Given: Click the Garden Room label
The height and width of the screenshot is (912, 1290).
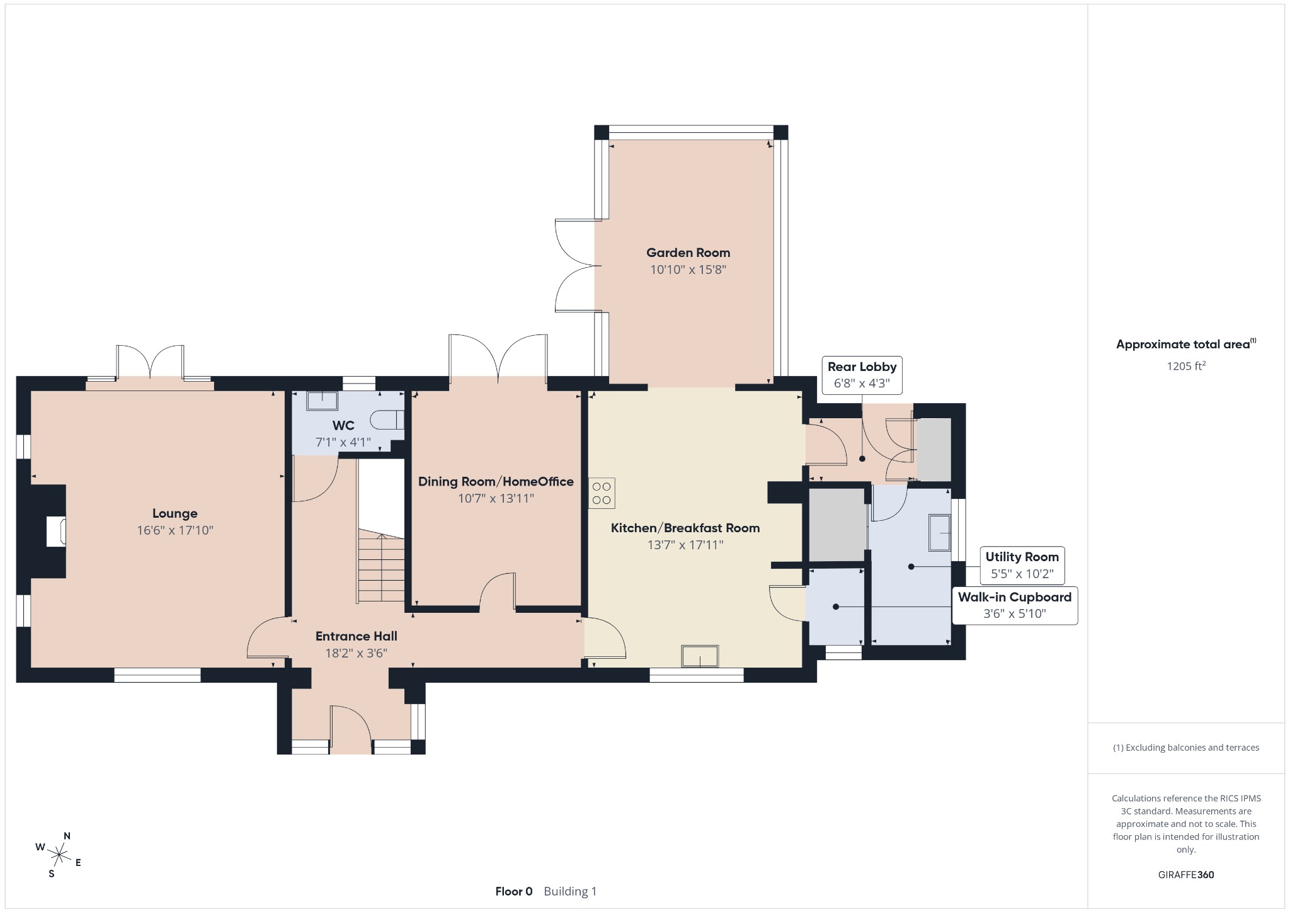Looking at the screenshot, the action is click(688, 253).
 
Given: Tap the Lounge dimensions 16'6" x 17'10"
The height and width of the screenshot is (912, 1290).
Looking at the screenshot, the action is click(175, 530).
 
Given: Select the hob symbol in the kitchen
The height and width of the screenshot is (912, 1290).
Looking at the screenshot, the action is click(602, 493).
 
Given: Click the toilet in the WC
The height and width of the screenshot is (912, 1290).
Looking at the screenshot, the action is click(387, 419).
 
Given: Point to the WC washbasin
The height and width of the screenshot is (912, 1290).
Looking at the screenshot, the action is click(322, 401).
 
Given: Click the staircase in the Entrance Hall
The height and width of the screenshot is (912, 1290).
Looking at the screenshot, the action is click(381, 567).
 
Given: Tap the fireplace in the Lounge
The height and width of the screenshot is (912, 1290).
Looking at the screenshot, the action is click(55, 531).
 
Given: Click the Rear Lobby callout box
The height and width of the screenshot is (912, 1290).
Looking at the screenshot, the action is click(862, 375).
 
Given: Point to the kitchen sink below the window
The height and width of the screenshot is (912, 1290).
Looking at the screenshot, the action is click(700, 656).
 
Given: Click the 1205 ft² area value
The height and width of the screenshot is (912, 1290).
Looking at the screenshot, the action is click(1186, 366).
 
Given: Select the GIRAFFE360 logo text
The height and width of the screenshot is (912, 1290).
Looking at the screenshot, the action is click(1186, 874).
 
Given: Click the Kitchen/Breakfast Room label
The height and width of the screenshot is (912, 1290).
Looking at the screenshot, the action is click(685, 528).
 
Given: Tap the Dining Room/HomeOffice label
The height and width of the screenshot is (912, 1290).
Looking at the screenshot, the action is click(496, 482).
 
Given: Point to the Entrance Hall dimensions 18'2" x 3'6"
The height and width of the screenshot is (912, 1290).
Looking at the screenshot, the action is click(356, 653).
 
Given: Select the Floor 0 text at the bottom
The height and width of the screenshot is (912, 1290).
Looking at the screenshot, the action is click(514, 891).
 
